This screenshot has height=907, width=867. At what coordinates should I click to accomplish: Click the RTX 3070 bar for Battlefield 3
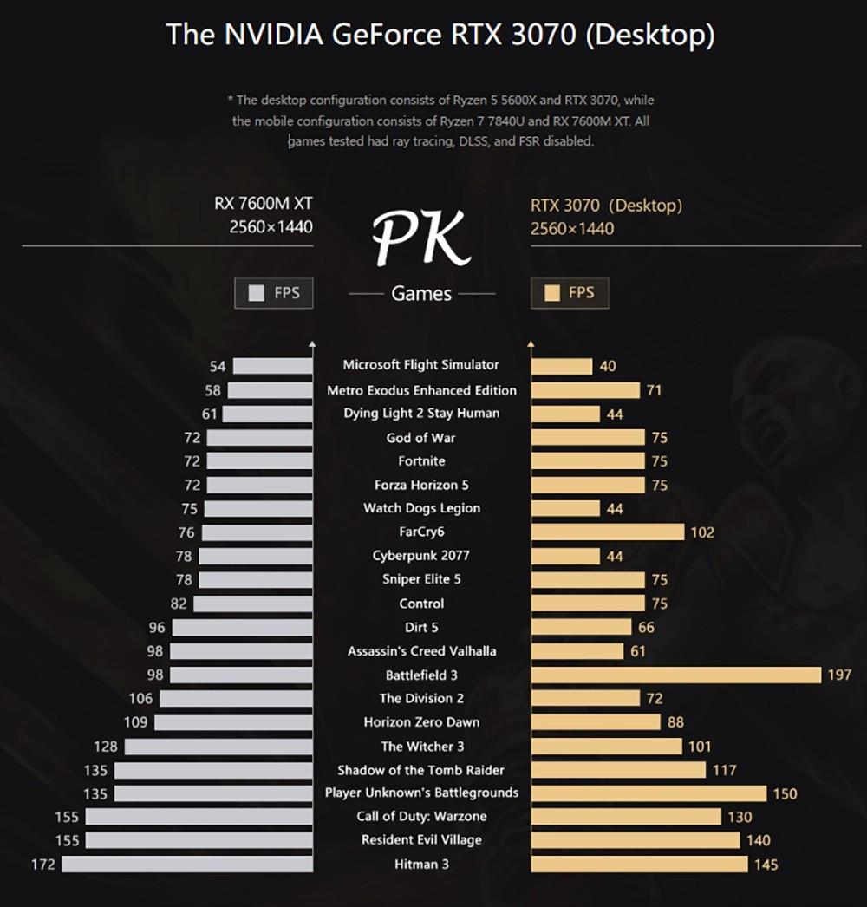(675, 675)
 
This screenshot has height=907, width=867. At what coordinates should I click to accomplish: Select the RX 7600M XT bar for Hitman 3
(187, 864)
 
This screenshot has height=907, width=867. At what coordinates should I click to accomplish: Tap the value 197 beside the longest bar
(839, 675)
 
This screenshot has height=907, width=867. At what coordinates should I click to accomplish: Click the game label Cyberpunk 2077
(420, 556)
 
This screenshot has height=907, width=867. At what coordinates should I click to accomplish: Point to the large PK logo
(421, 238)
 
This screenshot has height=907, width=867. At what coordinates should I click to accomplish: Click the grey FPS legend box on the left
(273, 293)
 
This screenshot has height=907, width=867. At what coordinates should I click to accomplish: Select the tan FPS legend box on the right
(570, 293)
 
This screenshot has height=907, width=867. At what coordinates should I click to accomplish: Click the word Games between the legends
(421, 294)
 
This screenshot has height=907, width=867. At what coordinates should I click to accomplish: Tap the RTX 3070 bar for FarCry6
(607, 532)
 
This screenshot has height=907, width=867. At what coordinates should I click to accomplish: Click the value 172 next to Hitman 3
(42, 864)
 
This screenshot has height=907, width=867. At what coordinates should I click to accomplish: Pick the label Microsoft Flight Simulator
(420, 365)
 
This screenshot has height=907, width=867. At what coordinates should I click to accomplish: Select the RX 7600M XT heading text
(264, 204)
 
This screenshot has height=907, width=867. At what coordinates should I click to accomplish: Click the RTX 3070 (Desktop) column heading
(606, 206)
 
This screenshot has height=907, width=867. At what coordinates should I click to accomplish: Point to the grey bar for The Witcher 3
(218, 746)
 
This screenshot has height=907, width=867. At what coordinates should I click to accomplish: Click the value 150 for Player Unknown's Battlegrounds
(784, 793)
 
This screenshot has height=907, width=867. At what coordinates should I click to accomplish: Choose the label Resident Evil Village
(421, 839)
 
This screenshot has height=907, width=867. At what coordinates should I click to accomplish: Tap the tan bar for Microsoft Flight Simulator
(561, 366)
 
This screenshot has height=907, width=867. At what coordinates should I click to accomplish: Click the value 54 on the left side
(218, 367)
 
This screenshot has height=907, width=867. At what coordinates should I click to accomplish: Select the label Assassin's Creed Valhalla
(421, 651)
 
